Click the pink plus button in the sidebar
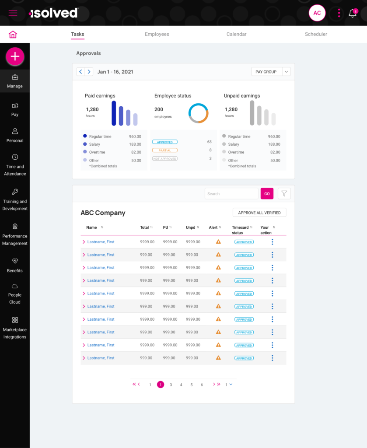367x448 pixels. [15, 56]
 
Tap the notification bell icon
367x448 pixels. [353, 13]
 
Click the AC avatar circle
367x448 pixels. [317, 13]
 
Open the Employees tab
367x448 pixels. [157, 34]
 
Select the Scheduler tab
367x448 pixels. [316, 34]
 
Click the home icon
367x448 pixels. [13, 35]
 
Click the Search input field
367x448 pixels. [231, 193]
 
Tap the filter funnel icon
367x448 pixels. [284, 193]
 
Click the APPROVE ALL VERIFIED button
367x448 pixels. [259, 213]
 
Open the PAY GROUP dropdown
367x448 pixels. [271, 72]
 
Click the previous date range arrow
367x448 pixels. [80, 72]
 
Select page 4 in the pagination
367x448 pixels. [181, 385]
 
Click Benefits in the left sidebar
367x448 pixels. [15, 265]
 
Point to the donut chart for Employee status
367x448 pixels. [199, 113]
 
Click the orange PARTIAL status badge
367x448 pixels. [165, 150]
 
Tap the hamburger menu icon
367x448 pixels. [13, 13]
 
